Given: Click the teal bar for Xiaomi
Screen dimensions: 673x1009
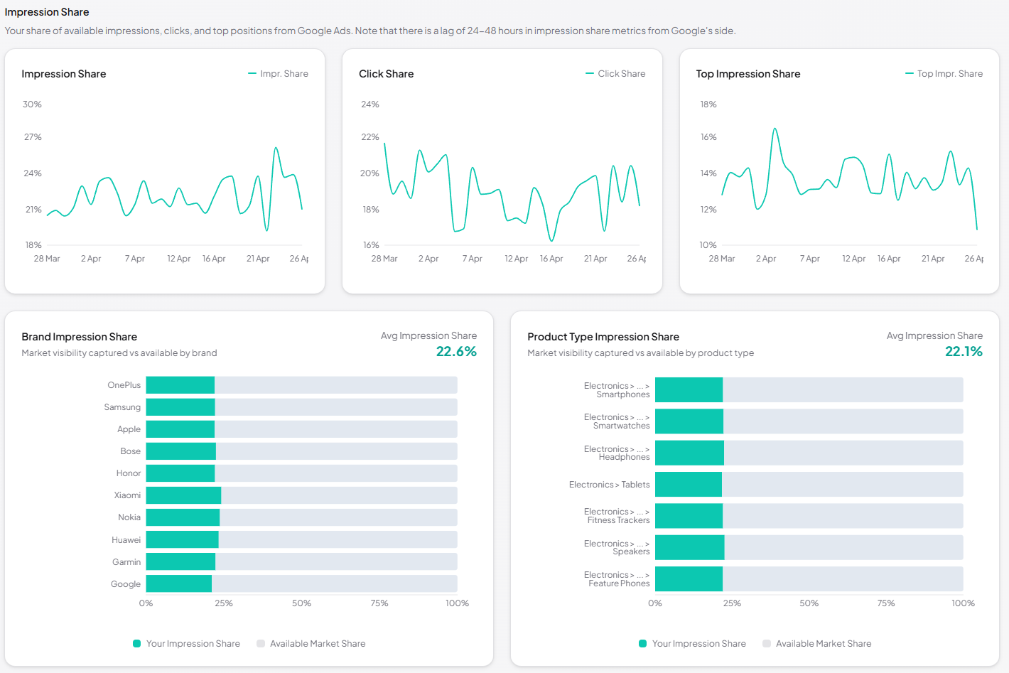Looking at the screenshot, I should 183,495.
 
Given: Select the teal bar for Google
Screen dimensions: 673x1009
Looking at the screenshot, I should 179,584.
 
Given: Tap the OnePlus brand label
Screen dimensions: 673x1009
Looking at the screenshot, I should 124,385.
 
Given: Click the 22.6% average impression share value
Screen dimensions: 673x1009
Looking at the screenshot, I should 456,352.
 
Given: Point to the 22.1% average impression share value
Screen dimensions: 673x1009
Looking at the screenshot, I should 964,352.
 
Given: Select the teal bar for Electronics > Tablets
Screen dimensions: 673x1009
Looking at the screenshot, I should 688,485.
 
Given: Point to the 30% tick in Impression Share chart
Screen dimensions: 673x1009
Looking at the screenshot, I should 32,104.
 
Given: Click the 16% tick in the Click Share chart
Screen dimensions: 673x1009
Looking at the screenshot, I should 371,245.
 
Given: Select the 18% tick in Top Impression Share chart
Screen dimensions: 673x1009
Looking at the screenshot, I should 708,104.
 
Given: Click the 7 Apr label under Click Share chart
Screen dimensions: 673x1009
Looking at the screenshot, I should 473,259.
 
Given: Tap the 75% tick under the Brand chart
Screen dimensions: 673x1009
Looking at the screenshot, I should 379,603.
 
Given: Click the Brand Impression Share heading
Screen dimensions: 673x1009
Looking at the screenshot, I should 79,337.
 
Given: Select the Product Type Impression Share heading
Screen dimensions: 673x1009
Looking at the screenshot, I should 603,337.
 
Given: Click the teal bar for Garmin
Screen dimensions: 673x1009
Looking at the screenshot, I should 180,562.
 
